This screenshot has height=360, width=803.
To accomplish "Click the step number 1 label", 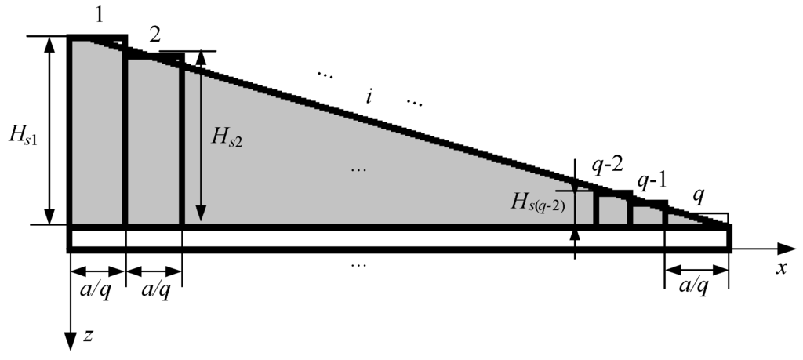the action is (98, 17).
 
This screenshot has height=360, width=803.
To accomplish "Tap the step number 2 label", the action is (155, 35).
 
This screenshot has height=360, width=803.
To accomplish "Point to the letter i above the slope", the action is (369, 96).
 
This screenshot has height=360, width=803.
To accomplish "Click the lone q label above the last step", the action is (697, 198).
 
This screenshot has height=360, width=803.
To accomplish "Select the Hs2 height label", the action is (227, 139).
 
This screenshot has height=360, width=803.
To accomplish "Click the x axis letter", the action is (781, 268).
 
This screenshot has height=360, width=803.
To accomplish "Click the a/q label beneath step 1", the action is (97, 289).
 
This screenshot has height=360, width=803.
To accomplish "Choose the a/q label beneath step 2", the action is (153, 289).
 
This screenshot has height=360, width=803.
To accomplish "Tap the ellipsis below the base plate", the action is (358, 264).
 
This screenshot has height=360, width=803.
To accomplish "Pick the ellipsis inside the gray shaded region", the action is (360, 169).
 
